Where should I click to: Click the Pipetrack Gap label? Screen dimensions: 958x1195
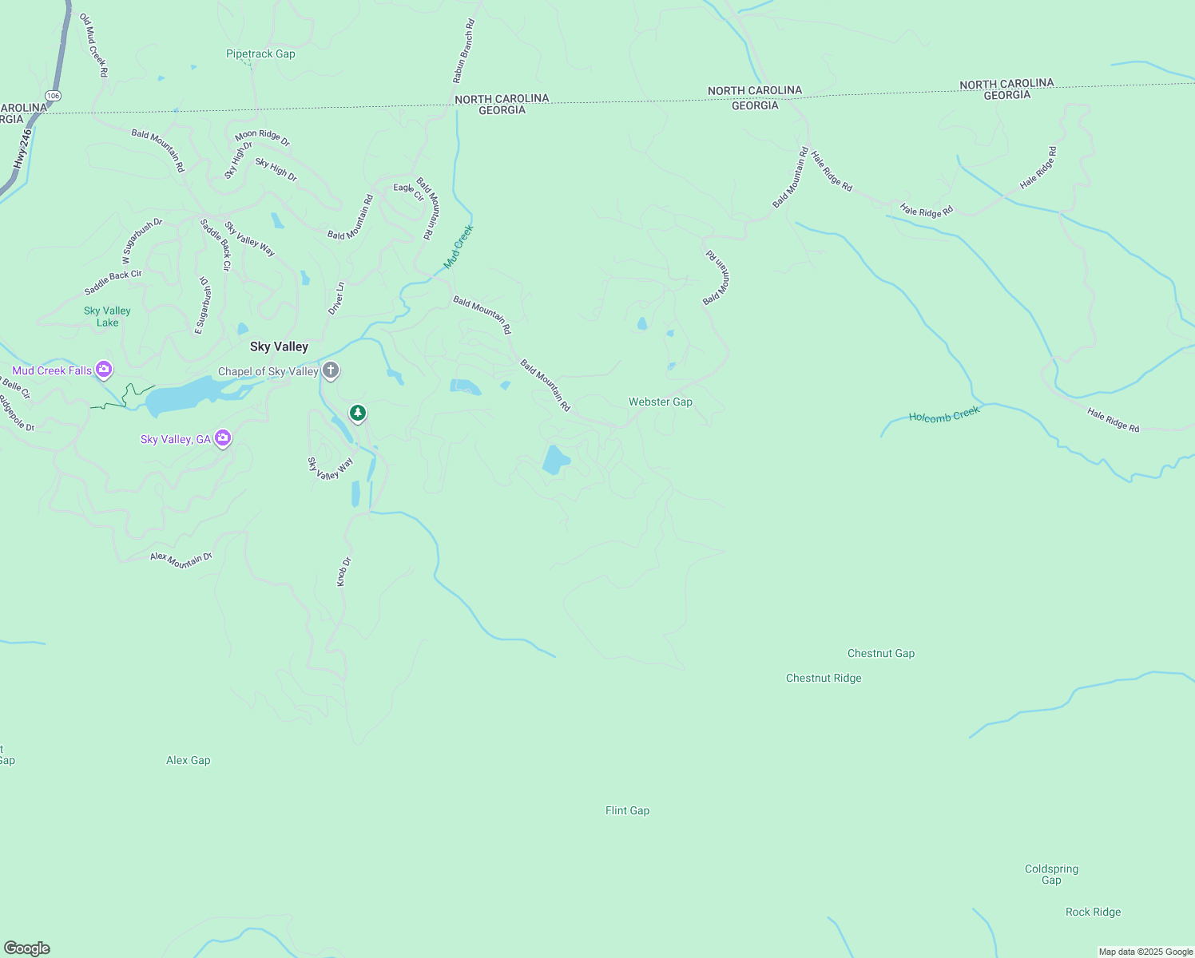260,54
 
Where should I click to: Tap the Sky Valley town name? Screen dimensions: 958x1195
279,346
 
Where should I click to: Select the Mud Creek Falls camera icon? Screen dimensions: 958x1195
104,370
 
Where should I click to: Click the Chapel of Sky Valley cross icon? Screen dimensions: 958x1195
331,370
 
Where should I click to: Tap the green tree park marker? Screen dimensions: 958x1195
359,413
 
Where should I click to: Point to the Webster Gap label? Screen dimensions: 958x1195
660,402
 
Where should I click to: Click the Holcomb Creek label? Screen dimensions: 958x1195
944,415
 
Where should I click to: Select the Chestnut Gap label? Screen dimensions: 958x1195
880,653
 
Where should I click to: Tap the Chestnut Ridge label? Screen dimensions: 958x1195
824,678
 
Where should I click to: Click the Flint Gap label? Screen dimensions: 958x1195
627,810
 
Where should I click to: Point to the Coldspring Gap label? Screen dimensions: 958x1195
1051,874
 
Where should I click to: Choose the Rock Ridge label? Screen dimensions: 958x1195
1093,912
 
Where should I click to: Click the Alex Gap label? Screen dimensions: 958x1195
188,760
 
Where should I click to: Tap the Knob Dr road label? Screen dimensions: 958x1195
343,572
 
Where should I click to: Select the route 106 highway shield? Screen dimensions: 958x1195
53,96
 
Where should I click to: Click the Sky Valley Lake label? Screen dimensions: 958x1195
107,316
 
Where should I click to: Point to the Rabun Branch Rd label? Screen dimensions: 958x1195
463,52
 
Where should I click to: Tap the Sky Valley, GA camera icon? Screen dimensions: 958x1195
223,438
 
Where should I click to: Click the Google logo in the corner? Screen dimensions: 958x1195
27,948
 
